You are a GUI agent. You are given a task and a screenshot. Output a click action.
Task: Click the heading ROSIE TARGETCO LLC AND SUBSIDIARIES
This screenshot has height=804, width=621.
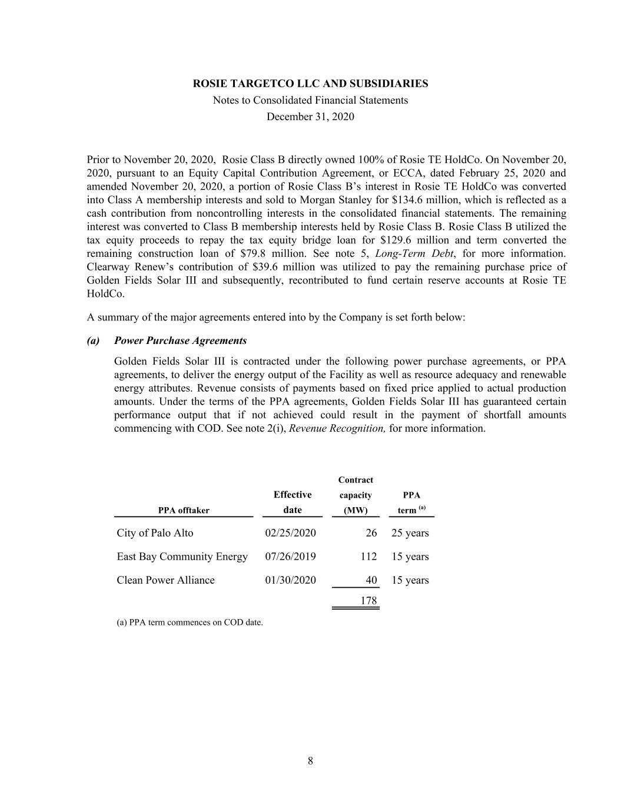(310, 84)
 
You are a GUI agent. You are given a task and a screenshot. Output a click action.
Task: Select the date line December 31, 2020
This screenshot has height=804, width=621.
(310, 117)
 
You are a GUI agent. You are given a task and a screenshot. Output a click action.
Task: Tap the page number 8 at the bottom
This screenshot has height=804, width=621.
(310, 761)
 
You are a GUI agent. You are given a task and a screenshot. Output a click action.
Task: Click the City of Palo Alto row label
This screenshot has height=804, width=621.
(155, 533)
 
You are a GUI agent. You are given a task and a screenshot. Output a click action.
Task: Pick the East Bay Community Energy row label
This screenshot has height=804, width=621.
(182, 557)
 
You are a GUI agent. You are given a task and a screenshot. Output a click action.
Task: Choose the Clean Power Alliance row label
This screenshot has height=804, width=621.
(165, 580)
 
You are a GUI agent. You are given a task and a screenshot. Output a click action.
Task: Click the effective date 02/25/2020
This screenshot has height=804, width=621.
(290, 533)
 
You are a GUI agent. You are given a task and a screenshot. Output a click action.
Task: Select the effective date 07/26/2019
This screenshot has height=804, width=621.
(290, 557)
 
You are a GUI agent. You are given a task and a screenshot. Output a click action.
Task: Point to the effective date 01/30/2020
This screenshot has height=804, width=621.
(290, 580)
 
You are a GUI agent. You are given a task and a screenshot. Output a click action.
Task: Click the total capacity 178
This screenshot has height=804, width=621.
(368, 601)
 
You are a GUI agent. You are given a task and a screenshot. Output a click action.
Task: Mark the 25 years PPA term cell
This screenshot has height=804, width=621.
(410, 533)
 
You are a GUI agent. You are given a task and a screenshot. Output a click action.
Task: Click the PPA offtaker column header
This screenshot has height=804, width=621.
(184, 511)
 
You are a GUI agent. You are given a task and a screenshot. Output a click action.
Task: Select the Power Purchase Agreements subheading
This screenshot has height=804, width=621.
(180, 340)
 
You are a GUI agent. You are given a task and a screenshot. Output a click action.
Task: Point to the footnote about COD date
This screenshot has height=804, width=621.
(190, 622)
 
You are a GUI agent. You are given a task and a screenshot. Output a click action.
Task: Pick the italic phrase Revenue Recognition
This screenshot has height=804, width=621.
(337, 428)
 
